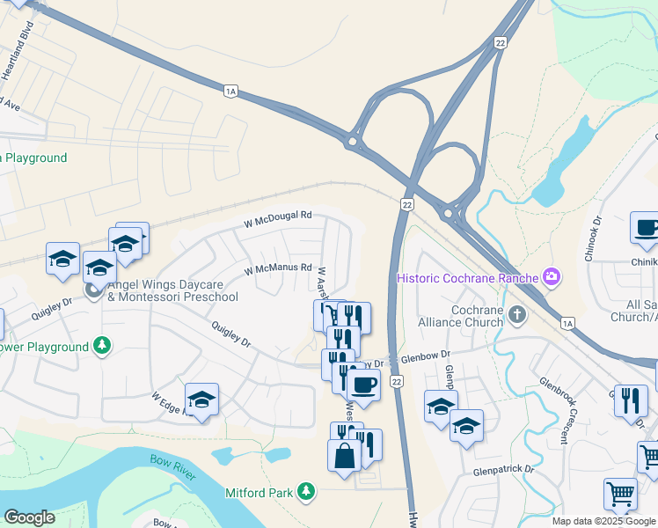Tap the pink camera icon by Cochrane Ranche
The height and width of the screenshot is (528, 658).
[x=552, y=277]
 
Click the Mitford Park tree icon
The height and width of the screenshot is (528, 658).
[x=305, y=491]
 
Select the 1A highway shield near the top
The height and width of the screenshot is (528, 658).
[x=231, y=91]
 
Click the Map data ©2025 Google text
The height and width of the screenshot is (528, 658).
[x=603, y=521]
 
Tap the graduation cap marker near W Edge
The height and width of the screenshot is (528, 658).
[x=201, y=400]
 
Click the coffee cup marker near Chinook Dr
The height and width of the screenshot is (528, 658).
[x=647, y=228]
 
